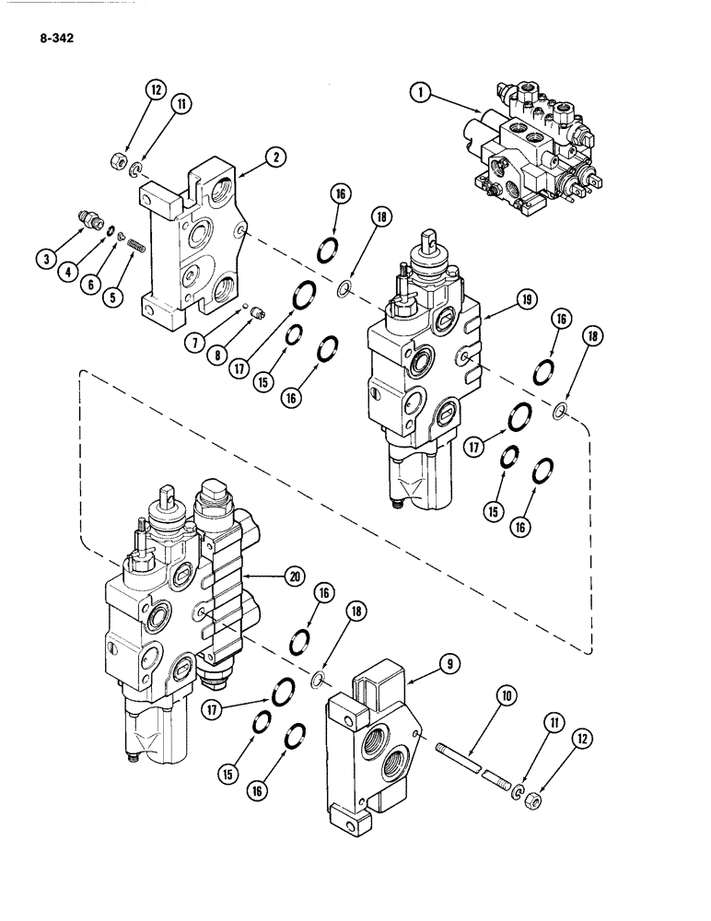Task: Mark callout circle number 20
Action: tap(294, 577)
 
